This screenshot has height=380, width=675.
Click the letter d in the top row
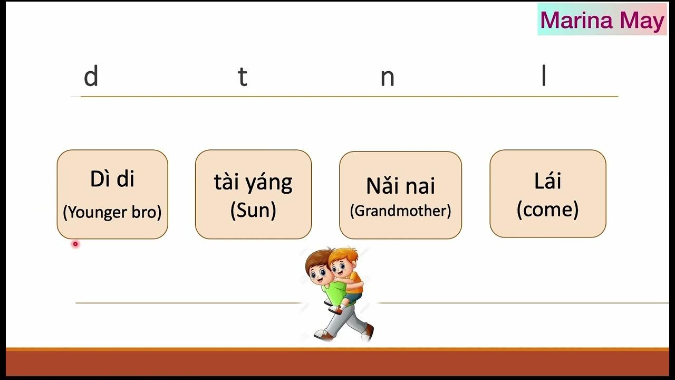pyautogui.click(x=91, y=77)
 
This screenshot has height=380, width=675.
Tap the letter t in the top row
pyautogui.click(x=242, y=77)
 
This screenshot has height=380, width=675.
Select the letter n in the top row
pyautogui.click(x=388, y=78)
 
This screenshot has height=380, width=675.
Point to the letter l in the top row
pyautogui.click(x=544, y=77)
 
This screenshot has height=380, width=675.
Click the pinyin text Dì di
pyautogui.click(x=112, y=179)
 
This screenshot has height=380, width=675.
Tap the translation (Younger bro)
pyautogui.click(x=112, y=212)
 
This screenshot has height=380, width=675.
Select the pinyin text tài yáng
pyautogui.click(x=253, y=183)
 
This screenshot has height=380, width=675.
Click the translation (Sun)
pyautogui.click(x=253, y=210)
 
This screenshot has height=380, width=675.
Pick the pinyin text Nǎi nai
pyautogui.click(x=400, y=186)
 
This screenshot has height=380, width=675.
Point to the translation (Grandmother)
pyautogui.click(x=400, y=211)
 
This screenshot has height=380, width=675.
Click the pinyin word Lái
pyautogui.click(x=547, y=181)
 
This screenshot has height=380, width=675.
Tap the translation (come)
pyautogui.click(x=547, y=210)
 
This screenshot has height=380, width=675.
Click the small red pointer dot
pyautogui.click(x=75, y=244)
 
